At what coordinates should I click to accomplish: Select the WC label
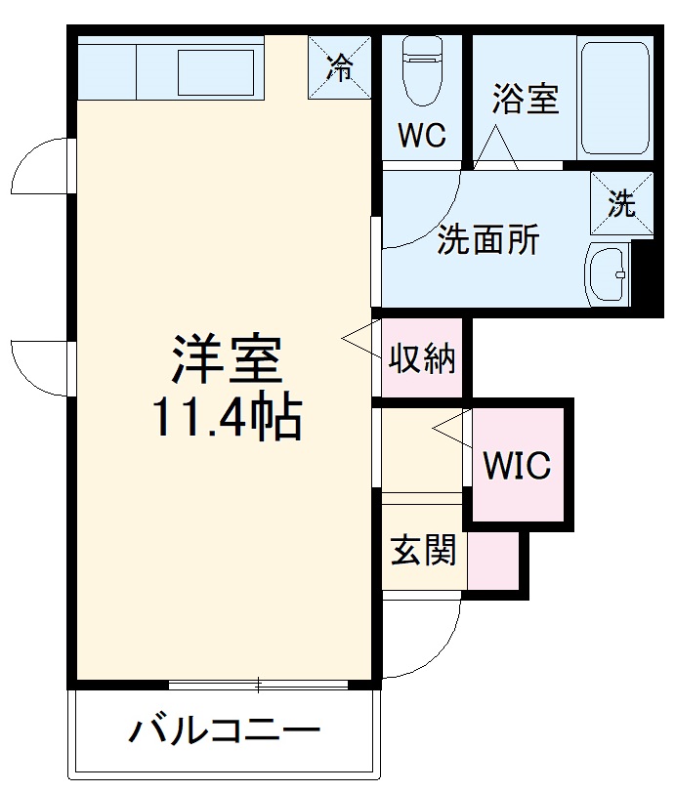(x=422, y=136)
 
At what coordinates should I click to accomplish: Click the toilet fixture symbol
(x=423, y=69)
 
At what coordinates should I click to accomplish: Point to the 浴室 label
(x=525, y=99)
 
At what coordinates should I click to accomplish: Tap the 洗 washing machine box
(x=621, y=204)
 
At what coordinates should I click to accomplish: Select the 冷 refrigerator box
(x=340, y=67)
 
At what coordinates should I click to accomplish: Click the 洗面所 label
(x=486, y=240)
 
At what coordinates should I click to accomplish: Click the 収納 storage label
(x=422, y=359)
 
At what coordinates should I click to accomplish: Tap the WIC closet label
(x=518, y=466)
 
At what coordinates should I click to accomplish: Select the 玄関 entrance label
(x=423, y=552)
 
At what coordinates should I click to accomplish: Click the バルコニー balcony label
(x=225, y=729)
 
